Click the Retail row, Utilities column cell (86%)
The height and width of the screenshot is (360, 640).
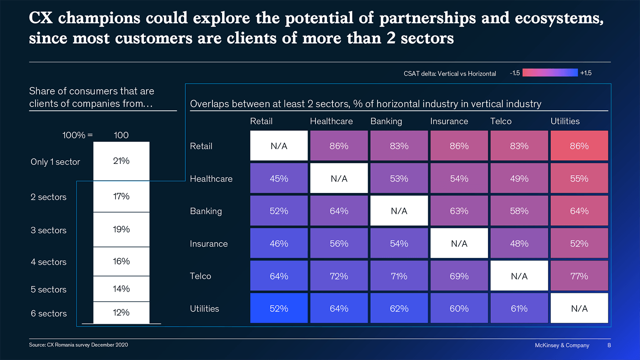(579, 146)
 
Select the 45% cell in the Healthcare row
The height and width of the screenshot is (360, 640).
(279, 178)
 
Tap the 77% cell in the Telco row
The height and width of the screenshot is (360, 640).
(579, 276)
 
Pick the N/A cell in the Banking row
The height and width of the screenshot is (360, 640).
(399, 211)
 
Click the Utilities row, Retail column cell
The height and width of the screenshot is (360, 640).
(279, 308)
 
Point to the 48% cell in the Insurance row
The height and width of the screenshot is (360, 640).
(519, 243)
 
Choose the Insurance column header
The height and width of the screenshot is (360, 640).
(449, 121)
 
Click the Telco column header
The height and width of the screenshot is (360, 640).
(501, 121)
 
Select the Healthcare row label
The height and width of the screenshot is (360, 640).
(211, 179)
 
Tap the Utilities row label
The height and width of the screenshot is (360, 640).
(204, 309)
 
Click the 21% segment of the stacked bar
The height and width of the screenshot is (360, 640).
(121, 161)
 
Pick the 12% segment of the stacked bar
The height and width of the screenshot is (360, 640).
(121, 312)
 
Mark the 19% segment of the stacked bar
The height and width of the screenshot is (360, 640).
(121, 229)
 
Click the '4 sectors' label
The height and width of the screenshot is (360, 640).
(48, 262)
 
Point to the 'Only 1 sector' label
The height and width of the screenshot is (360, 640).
(55, 162)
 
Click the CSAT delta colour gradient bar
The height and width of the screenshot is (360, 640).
(550, 73)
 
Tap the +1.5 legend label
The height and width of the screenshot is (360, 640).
(586, 73)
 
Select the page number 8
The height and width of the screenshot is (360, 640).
(609, 345)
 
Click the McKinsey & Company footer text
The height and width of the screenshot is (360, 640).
(562, 345)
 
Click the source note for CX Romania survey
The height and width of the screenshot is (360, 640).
(78, 345)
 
